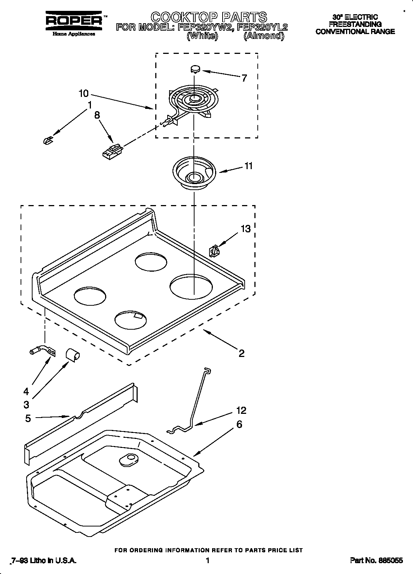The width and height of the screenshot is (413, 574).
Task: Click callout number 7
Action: (244, 78)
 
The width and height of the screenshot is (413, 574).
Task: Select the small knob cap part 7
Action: (195, 68)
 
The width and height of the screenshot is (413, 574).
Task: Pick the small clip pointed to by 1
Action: (48, 140)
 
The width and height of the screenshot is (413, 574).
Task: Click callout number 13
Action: (245, 228)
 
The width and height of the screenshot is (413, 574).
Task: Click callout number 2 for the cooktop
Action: (241, 353)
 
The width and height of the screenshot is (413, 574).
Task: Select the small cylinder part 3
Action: (73, 354)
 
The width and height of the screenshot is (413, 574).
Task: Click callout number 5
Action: (28, 418)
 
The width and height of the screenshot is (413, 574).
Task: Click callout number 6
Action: (239, 424)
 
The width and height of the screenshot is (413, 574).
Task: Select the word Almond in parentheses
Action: (264, 36)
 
